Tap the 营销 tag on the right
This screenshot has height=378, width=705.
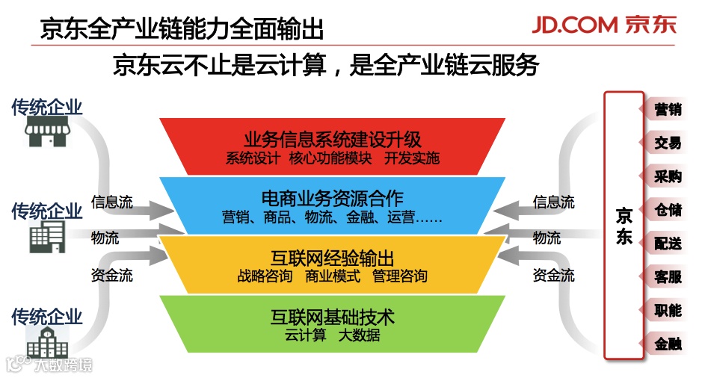click(x=666, y=110)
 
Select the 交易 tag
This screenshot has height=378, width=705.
click(x=666, y=143)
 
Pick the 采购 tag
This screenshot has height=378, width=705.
click(x=666, y=176)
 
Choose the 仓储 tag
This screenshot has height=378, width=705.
click(x=666, y=210)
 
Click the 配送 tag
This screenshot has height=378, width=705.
click(x=666, y=244)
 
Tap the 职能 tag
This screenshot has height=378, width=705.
click(x=666, y=310)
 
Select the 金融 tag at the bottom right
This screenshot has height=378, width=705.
click(x=666, y=344)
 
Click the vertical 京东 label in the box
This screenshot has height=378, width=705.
click(x=624, y=226)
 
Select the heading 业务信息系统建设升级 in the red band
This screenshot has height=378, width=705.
click(x=333, y=140)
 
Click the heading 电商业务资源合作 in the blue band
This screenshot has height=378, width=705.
click(x=333, y=199)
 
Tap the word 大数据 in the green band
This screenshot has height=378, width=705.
click(x=360, y=335)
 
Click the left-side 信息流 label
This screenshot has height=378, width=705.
click(x=112, y=202)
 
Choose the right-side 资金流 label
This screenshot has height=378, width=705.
click(x=553, y=276)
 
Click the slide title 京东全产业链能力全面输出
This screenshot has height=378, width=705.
click(x=182, y=29)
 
